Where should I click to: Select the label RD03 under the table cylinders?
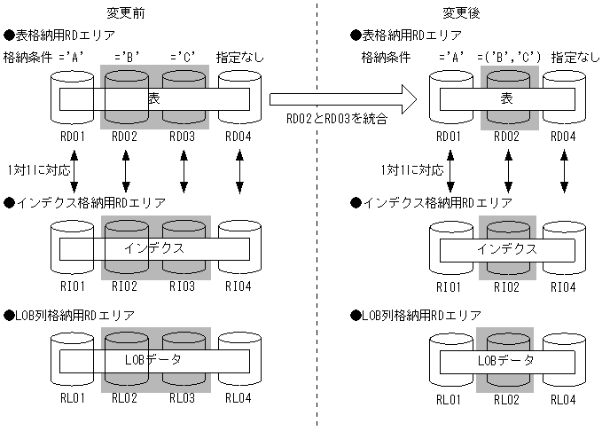coord(183,136)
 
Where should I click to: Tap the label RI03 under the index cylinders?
coord(183,286)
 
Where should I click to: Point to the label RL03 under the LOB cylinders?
coord(183,399)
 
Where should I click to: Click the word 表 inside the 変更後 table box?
coord(506,98)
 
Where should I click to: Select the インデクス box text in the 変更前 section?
coord(154,247)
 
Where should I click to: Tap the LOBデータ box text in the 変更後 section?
coord(506,361)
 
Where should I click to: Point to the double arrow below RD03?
coord(184,171)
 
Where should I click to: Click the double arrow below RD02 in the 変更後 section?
coord(507,171)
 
